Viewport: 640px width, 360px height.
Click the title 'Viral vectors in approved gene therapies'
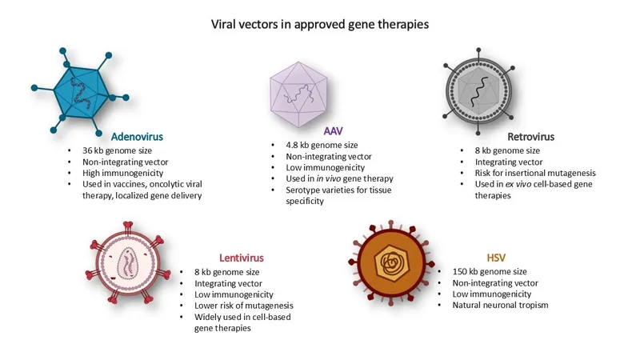320,24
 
